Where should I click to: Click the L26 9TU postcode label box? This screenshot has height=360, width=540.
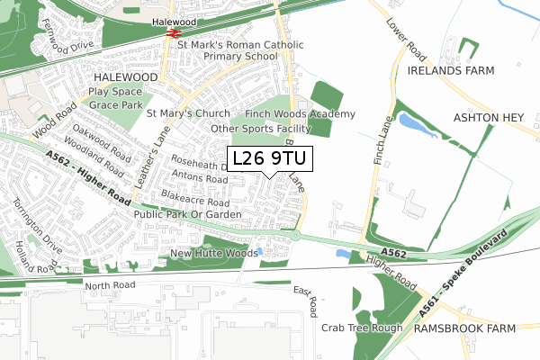pyautogui.click(x=269, y=159)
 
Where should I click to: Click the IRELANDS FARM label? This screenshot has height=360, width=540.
pyautogui.click(x=446, y=69)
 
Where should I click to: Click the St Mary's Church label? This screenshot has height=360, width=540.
pyautogui.click(x=189, y=114)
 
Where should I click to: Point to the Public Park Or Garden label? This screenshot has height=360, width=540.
pyautogui.click(x=187, y=216)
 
